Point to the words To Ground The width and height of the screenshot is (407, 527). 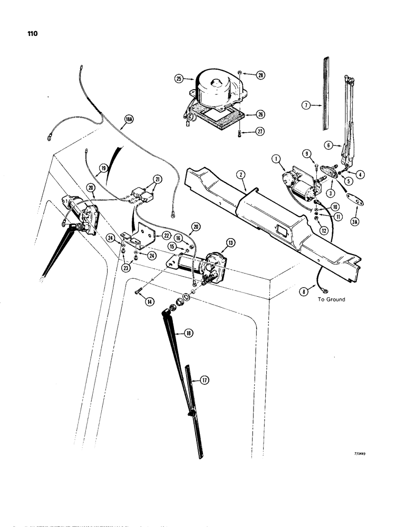[331, 299]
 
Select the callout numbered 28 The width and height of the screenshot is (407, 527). [259, 75]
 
